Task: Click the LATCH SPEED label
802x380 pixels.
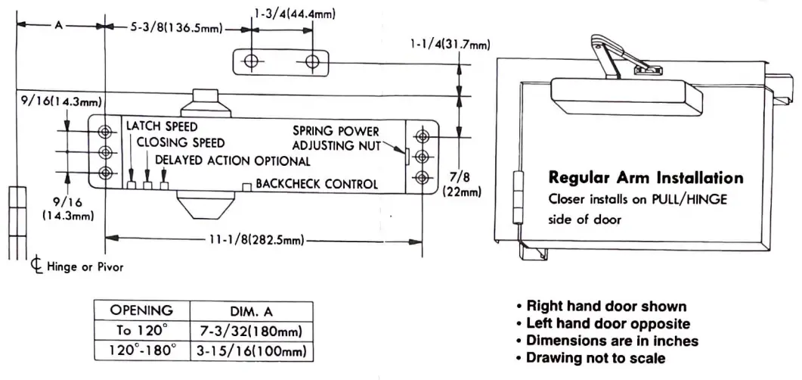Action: coord(162,126)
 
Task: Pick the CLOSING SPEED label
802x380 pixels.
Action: coord(181,142)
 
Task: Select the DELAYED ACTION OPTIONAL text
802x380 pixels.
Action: coord(232,160)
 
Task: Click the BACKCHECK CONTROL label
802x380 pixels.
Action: coord(316,184)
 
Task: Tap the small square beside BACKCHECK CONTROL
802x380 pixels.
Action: coord(246,186)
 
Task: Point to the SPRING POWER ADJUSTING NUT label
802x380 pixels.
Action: coord(337,138)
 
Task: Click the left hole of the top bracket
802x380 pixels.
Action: coord(253,61)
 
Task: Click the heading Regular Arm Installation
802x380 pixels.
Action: coord(646,179)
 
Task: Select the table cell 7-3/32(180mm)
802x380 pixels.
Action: coord(250,330)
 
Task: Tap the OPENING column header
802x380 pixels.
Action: coord(141,310)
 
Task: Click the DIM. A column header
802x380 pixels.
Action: coord(250,310)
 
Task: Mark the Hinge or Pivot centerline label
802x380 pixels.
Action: coord(77,266)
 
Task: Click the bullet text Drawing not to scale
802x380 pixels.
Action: coord(596,357)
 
